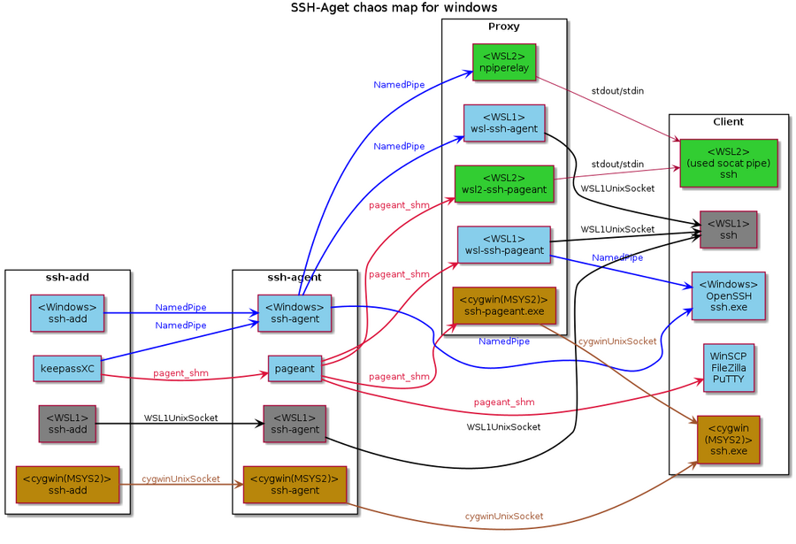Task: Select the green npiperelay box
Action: (503, 62)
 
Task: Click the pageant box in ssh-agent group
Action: (295, 368)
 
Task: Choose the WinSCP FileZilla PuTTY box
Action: (729, 366)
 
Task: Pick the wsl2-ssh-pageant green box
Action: (503, 184)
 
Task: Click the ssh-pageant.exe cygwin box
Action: (503, 305)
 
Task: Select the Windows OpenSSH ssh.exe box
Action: (728, 295)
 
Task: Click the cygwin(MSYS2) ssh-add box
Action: (68, 484)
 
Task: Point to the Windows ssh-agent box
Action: (295, 312)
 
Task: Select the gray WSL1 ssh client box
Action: (728, 229)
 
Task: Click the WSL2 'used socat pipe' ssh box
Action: (728, 163)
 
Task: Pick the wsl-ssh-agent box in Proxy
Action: (503, 123)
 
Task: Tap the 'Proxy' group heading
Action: (503, 27)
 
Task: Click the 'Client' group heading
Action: (728, 122)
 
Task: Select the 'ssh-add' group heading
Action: (68, 278)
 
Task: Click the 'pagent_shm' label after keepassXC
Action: (180, 372)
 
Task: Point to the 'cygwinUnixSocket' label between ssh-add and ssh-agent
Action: (180, 479)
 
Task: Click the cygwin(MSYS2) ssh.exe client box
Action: (728, 440)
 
